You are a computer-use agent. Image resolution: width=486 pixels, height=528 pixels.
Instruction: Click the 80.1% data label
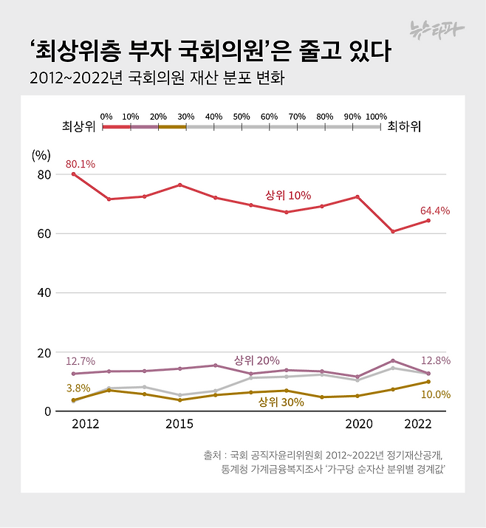80,164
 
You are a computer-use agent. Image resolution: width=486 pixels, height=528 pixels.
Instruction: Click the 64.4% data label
435,210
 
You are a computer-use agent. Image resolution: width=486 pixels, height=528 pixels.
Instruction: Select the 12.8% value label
436,361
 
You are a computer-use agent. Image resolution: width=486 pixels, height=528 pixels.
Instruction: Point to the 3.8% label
78,388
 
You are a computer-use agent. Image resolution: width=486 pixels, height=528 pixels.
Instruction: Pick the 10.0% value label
436,394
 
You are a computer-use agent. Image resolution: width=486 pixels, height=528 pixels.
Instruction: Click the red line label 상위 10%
288,196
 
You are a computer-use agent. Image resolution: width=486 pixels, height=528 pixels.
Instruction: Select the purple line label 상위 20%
256,360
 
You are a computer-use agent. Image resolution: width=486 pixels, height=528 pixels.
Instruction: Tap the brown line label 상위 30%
281,402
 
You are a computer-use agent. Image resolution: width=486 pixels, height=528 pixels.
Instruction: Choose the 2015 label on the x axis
179,425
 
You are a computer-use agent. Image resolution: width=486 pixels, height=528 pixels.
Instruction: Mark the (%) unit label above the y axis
41,156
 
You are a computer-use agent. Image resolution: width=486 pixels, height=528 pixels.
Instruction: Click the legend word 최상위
78,127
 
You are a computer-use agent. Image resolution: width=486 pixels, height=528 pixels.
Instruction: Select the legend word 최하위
404,127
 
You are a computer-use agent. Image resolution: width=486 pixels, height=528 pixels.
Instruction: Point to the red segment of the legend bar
117,127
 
